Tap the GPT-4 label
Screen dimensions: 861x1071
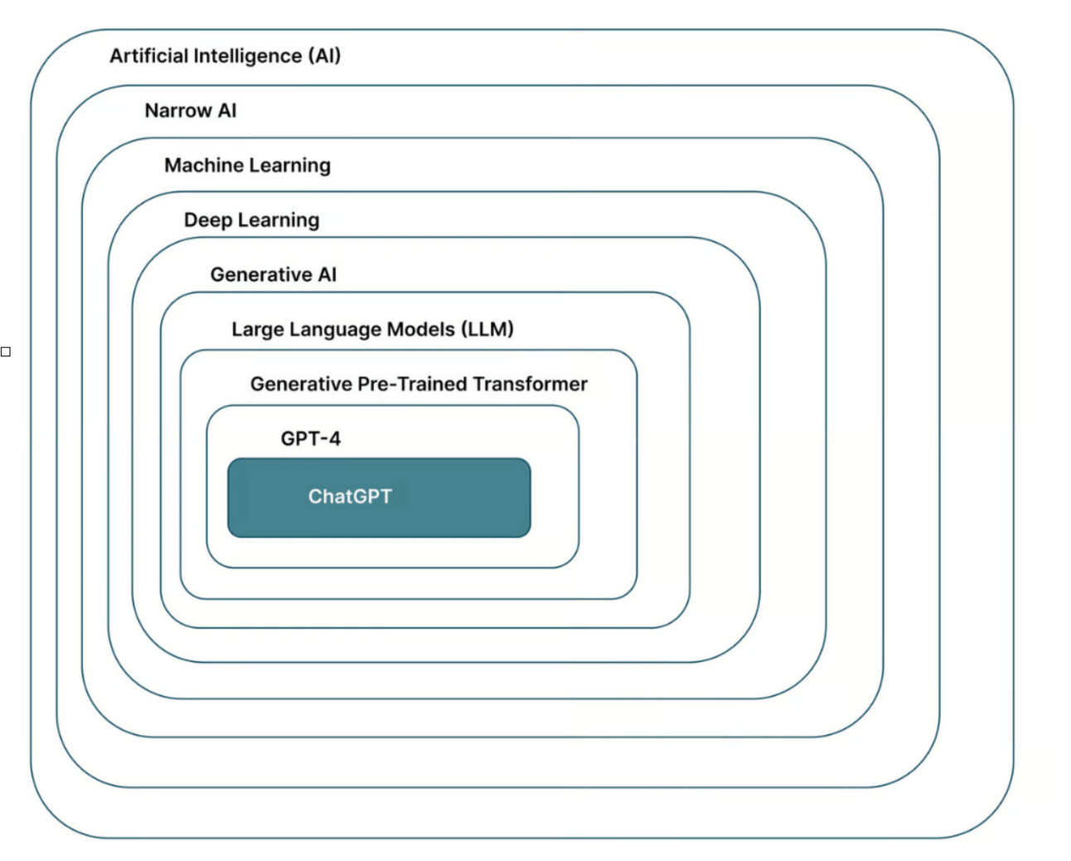310,439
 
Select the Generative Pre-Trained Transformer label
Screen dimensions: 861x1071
419,385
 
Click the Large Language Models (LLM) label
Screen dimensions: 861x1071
372,330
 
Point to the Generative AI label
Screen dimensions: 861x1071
274,275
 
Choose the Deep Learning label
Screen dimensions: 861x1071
251,220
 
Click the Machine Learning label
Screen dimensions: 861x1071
247,166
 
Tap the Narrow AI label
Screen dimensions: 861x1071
191,111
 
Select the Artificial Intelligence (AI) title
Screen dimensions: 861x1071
225,56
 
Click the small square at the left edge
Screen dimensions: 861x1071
6,352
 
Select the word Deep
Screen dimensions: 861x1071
207,220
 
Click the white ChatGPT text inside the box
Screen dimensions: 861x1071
350,496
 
